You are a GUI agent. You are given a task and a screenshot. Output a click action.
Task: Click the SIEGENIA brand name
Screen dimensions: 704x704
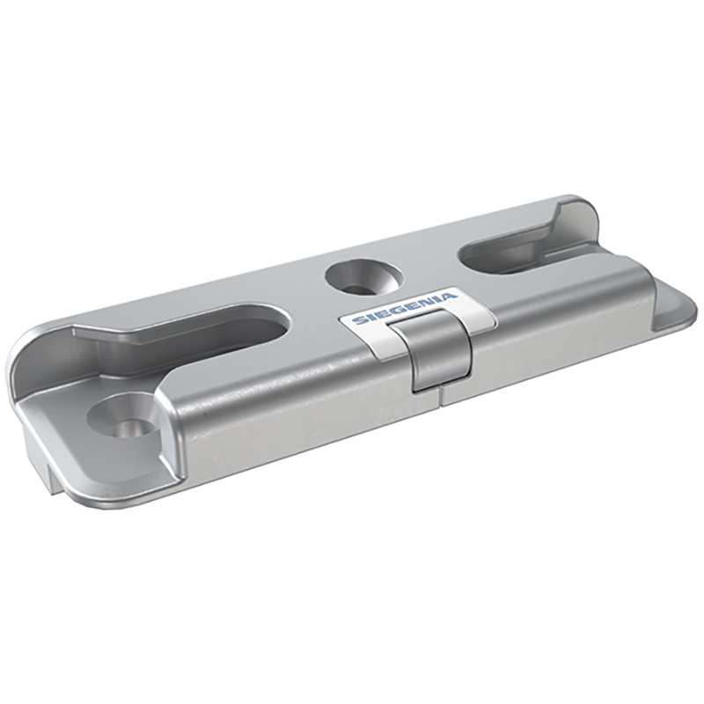coord(404,308)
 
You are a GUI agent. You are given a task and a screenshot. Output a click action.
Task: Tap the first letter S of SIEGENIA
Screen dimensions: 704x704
coord(359,320)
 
